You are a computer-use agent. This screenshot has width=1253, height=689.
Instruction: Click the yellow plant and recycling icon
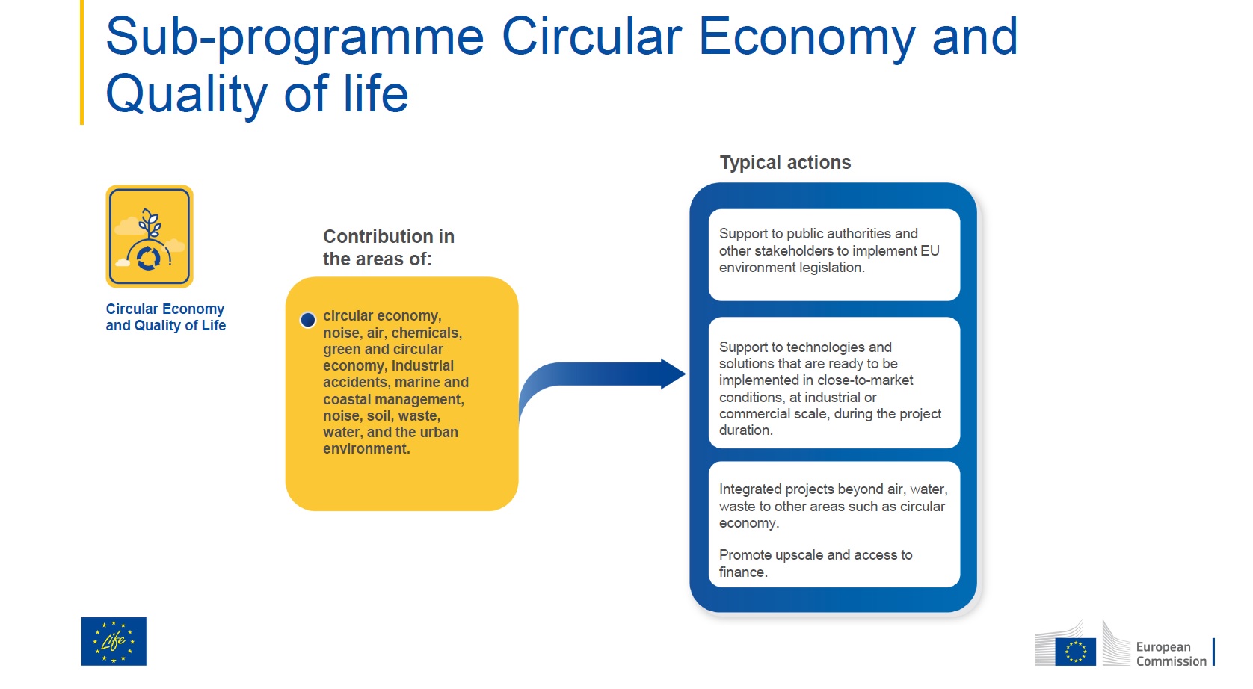click(150, 237)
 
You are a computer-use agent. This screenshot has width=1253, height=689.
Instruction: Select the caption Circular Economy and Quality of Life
click(165, 317)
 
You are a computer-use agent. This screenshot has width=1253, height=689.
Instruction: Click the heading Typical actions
click(785, 163)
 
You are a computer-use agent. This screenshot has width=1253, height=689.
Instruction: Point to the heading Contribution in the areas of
click(389, 248)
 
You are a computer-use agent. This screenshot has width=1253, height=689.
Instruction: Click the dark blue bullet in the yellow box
click(308, 320)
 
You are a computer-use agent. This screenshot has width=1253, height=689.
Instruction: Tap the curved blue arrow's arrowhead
click(673, 374)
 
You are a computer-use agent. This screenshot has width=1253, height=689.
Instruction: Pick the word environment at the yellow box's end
click(366, 449)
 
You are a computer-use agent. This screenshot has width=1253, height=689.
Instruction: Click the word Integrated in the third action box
click(750, 490)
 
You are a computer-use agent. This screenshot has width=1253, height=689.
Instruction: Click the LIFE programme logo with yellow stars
click(114, 641)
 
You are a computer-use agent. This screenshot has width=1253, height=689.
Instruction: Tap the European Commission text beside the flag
click(1171, 654)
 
